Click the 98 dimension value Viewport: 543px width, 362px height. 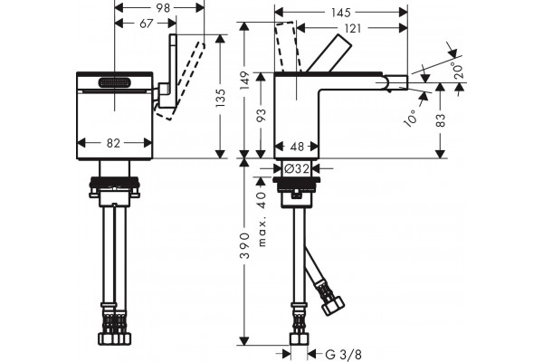click(163, 7)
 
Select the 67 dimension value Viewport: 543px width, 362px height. click(146, 24)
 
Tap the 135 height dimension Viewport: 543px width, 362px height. click(221, 98)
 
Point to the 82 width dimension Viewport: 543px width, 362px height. click(113, 143)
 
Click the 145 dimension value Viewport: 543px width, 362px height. click(341, 13)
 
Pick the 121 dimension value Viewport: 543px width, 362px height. click(353, 28)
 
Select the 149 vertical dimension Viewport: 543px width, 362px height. click(245, 81)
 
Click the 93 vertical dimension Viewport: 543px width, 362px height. click(262, 115)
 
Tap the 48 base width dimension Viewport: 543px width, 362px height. click(297, 147)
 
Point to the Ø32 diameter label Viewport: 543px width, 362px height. click(297, 168)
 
